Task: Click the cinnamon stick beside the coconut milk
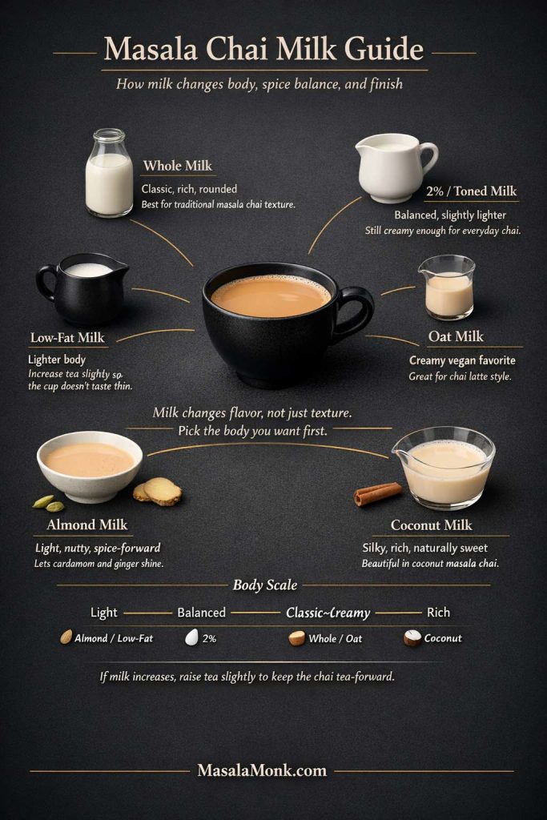[x=377, y=494]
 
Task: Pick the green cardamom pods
[x=48, y=503]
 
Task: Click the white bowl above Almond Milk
[x=90, y=464]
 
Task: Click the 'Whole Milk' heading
[x=177, y=166]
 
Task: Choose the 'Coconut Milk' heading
[x=432, y=525]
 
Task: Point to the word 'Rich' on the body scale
[x=438, y=613]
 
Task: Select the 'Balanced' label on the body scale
[x=201, y=613]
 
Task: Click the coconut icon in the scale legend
[x=412, y=638]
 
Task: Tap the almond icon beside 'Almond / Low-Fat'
[x=66, y=637]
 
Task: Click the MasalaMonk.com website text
[x=262, y=770]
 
